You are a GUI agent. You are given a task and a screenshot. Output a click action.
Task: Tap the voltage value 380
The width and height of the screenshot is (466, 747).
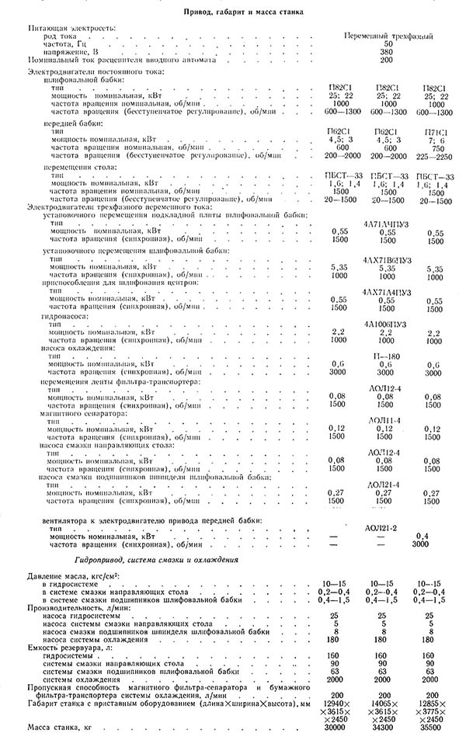(x=388, y=52)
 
